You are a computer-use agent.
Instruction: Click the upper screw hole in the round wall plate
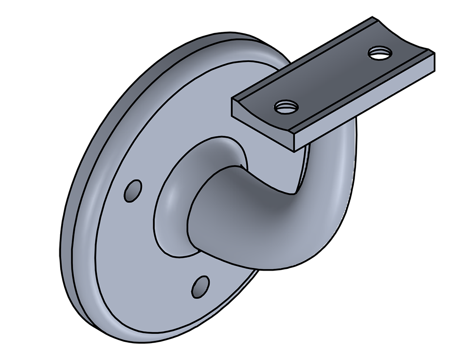point(133,191)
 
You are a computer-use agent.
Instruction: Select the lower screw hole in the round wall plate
point(200,287)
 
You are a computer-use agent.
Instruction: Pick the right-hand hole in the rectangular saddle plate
point(380,53)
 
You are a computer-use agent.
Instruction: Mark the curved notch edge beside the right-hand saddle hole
point(402,40)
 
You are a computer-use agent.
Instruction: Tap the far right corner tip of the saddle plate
point(435,53)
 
